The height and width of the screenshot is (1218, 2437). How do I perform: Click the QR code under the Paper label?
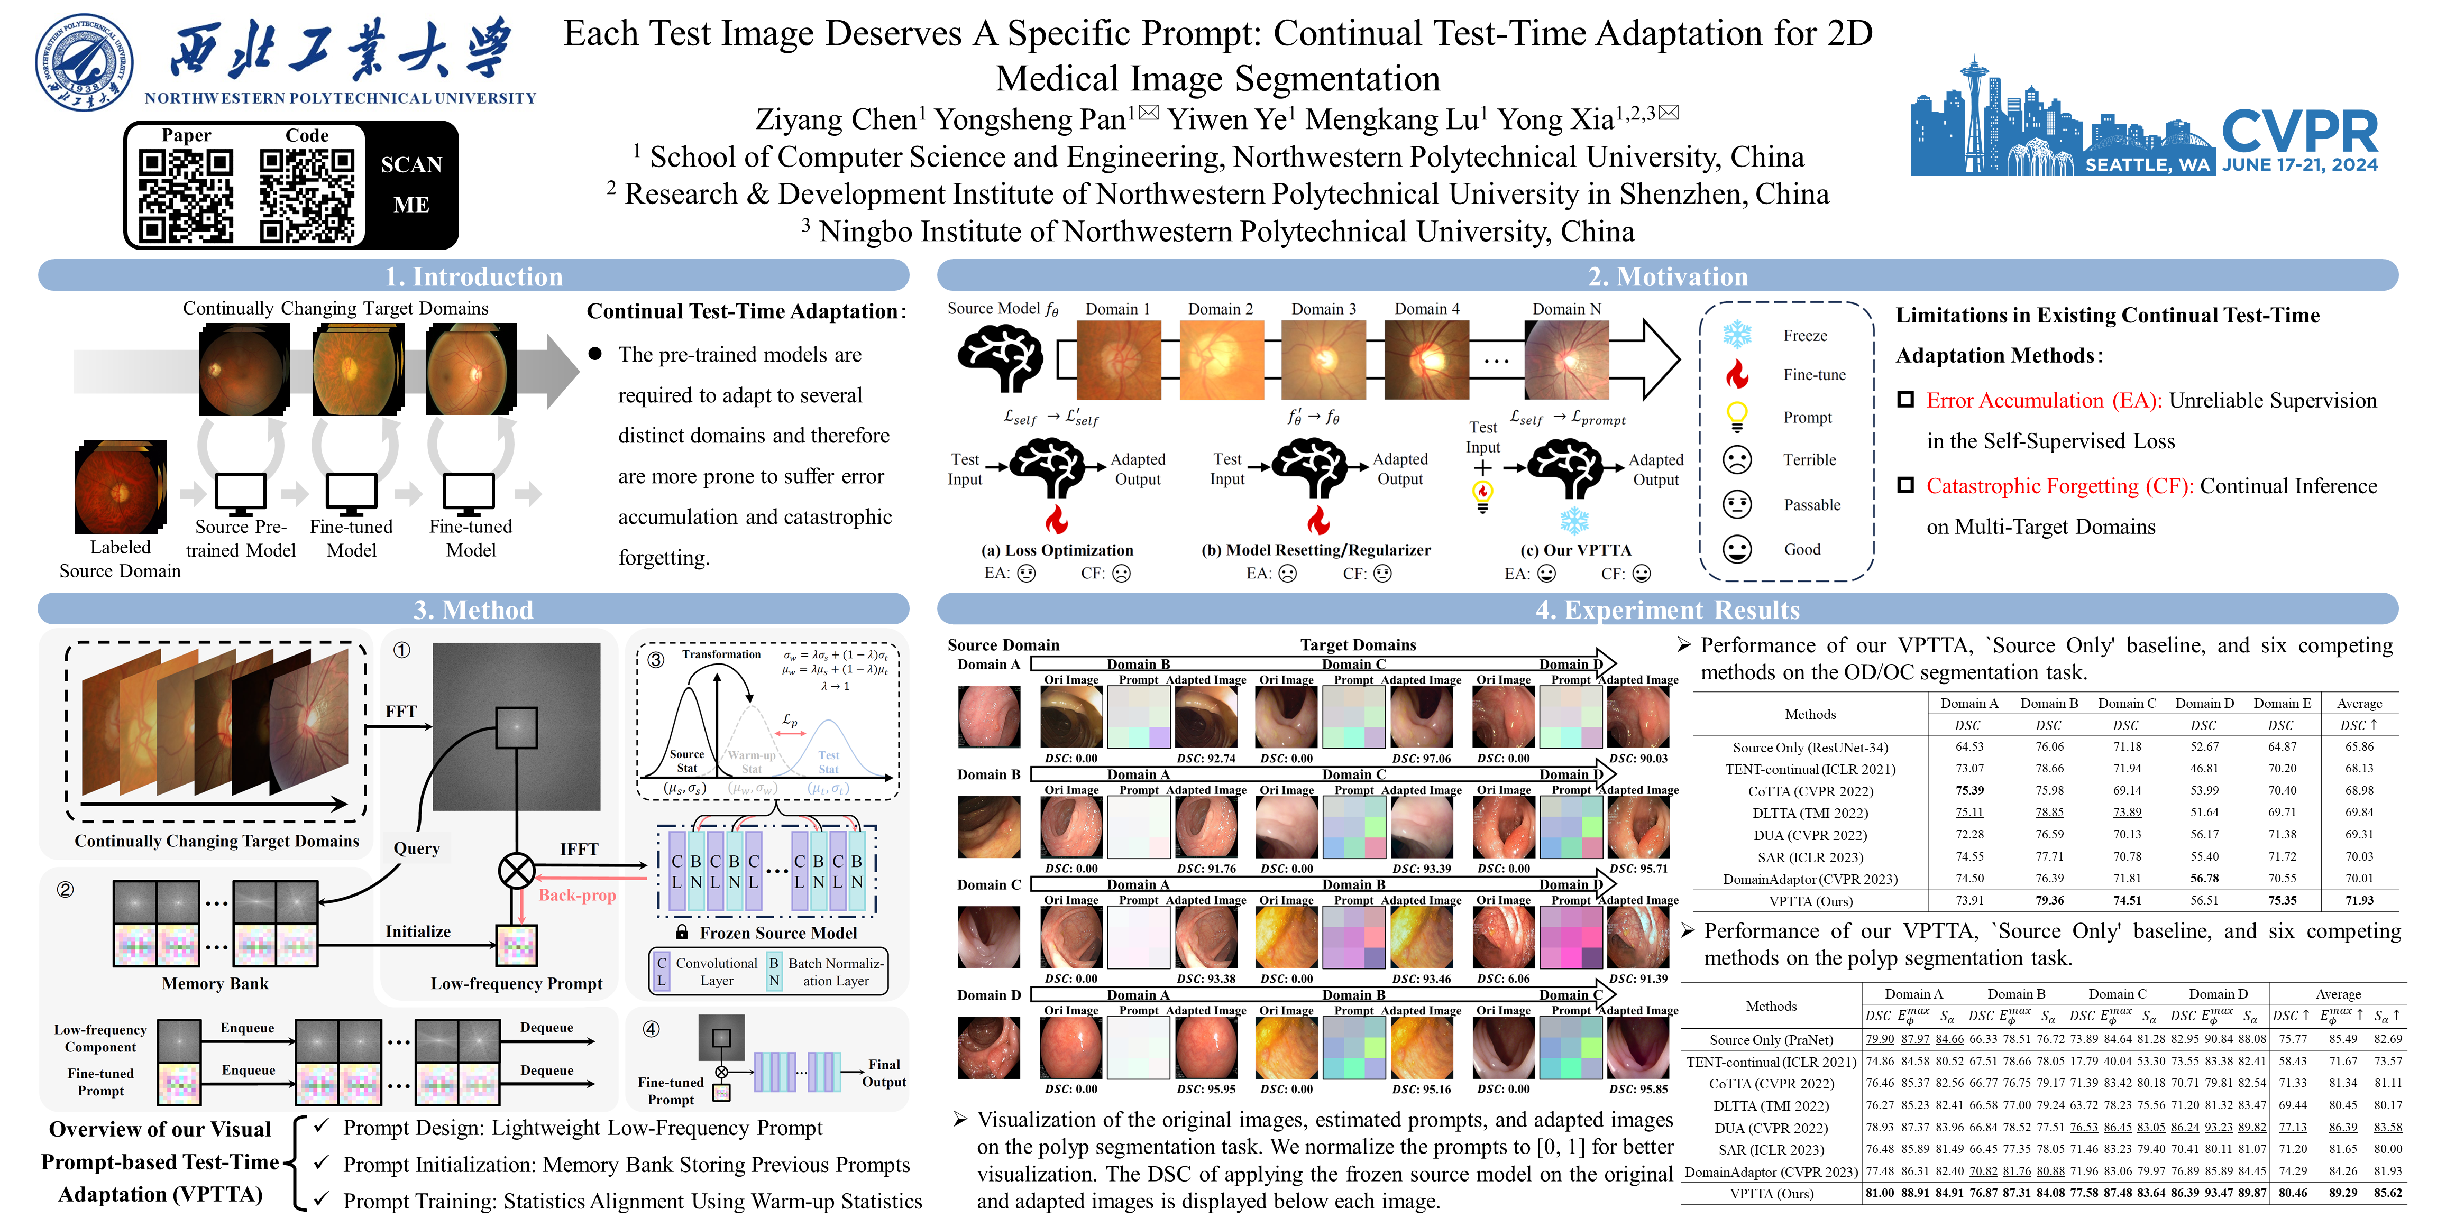click(x=186, y=196)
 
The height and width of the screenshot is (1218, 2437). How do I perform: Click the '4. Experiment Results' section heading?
click(x=1667, y=610)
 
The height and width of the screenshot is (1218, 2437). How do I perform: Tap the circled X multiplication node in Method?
click(x=517, y=870)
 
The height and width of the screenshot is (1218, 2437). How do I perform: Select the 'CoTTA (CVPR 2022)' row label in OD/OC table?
click(x=1810, y=790)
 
